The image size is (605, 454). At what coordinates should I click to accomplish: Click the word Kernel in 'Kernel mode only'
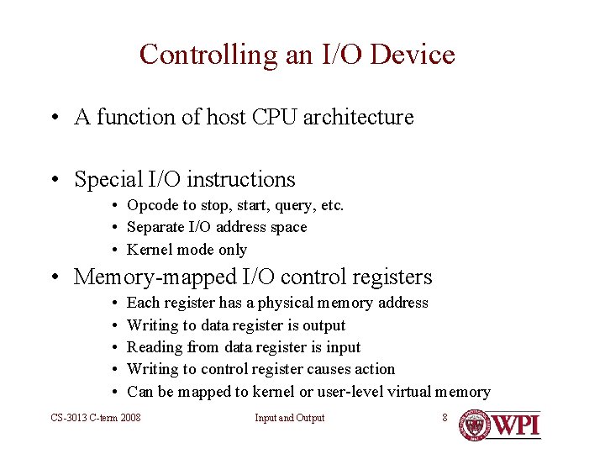pyautogui.click(x=149, y=250)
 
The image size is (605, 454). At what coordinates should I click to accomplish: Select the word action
pyautogui.click(x=375, y=369)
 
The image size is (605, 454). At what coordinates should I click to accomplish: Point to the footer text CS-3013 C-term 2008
pyautogui.click(x=96, y=418)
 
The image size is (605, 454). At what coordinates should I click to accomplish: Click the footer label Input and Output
pyautogui.click(x=290, y=418)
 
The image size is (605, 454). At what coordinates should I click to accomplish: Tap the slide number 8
pyautogui.click(x=445, y=417)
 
